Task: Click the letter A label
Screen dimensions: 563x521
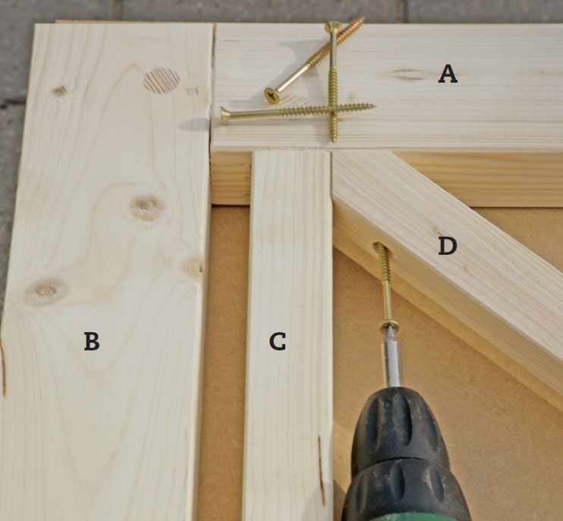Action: click(448, 74)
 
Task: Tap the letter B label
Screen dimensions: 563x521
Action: click(92, 341)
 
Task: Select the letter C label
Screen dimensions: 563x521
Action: click(278, 341)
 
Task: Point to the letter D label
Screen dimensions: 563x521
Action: click(448, 246)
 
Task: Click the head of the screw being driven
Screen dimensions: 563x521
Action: click(389, 325)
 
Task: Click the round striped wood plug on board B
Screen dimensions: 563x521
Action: click(161, 80)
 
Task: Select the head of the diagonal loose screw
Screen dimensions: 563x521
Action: click(272, 96)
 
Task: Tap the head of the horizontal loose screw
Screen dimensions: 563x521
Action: click(225, 115)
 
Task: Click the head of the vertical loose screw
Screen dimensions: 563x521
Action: click(333, 27)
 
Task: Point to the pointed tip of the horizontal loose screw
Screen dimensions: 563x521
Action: click(375, 106)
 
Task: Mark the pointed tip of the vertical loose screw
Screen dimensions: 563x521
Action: click(334, 140)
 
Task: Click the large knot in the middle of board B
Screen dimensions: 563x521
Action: click(146, 207)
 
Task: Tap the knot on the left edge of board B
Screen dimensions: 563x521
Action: click(46, 291)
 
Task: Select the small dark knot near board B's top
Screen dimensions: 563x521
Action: click(60, 91)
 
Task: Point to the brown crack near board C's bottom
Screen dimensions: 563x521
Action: click(322, 470)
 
